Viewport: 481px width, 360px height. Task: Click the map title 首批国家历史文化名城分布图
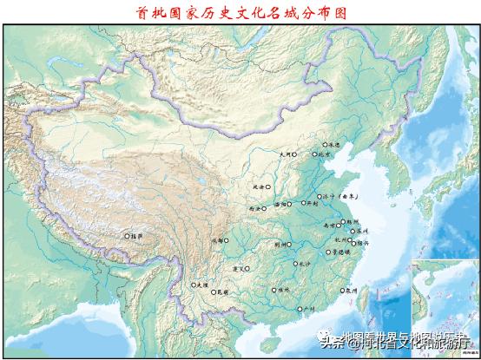[241, 14]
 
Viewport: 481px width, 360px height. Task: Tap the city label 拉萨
[135, 235]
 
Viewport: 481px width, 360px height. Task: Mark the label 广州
[306, 309]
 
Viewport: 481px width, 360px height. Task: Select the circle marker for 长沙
[295, 264]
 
